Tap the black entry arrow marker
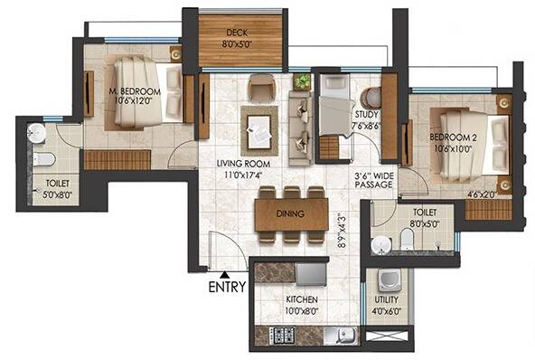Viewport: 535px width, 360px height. [x=223, y=272]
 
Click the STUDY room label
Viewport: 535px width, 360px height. [x=366, y=114]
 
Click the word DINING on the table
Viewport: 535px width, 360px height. [x=290, y=213]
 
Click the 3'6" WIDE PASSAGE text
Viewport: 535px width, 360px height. [x=373, y=178]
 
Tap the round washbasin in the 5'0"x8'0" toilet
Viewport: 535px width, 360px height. [x=35, y=133]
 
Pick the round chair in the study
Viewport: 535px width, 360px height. [x=369, y=95]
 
